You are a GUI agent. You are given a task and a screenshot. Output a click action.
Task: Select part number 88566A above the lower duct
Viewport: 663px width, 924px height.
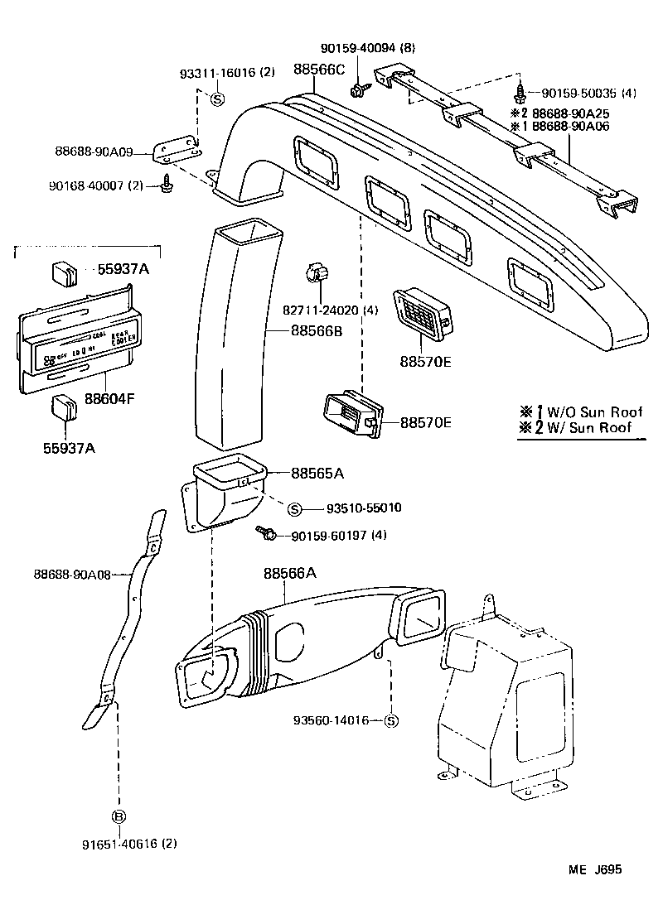click(290, 573)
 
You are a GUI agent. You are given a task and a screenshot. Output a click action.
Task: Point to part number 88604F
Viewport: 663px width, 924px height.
click(109, 399)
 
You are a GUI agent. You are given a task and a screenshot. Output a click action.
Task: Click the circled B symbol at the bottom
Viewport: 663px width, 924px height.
click(119, 816)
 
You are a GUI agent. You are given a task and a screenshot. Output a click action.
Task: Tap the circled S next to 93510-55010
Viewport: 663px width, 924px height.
click(295, 508)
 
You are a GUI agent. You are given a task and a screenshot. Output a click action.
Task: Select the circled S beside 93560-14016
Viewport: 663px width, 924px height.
click(392, 721)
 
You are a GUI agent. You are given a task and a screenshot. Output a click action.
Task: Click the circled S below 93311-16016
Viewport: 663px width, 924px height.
click(217, 99)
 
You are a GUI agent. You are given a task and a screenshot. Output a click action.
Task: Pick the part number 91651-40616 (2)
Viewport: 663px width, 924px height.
click(129, 845)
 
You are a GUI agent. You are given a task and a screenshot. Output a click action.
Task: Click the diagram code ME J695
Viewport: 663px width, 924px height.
click(594, 870)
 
